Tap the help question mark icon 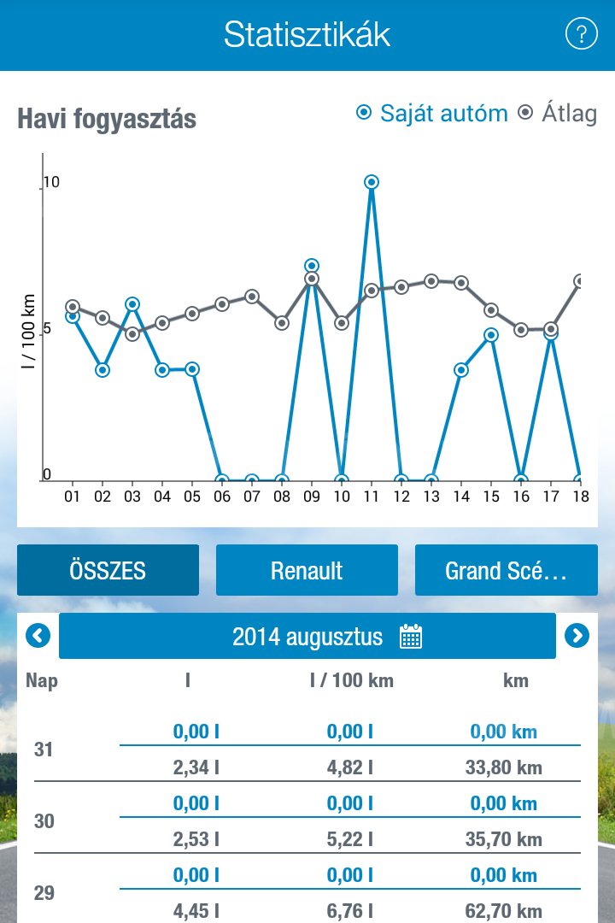tap(581, 34)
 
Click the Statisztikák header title tap(307, 35)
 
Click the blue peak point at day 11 tap(372, 182)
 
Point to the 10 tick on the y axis tap(51, 182)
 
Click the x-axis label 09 tap(312, 495)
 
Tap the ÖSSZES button tap(108, 570)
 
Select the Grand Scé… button tap(506, 570)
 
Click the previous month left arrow tap(38, 635)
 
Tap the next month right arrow tap(577, 635)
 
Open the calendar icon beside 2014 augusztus tap(411, 637)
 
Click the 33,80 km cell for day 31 tap(504, 767)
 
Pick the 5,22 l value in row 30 tap(350, 839)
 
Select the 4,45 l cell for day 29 tap(196, 911)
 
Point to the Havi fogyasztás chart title tap(107, 119)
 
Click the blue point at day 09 tap(312, 266)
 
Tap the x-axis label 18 tap(581, 495)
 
